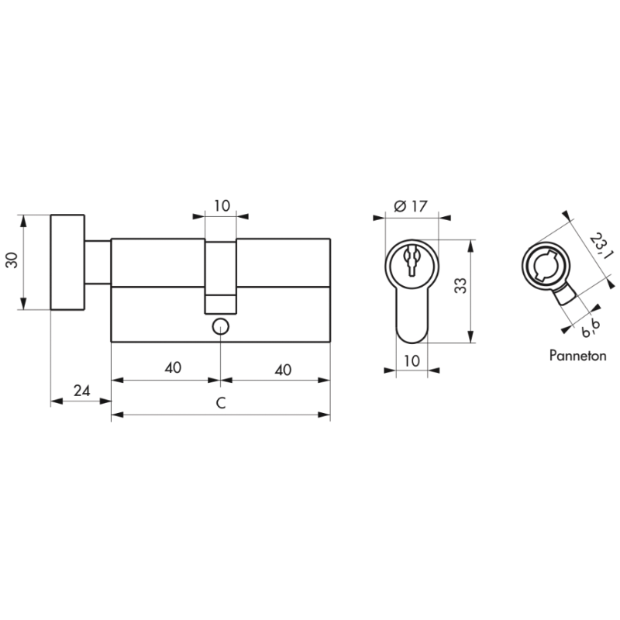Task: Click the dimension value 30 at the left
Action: click(x=12, y=260)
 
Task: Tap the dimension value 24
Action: click(x=82, y=391)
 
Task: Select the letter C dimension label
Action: click(x=221, y=403)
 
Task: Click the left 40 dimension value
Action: click(x=173, y=367)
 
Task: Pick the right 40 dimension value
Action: click(x=283, y=370)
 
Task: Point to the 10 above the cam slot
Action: click(x=222, y=205)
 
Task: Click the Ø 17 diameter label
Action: click(x=412, y=206)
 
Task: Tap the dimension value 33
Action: click(x=460, y=285)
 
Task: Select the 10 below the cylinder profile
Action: click(x=412, y=360)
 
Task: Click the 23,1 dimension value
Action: click(x=598, y=246)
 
